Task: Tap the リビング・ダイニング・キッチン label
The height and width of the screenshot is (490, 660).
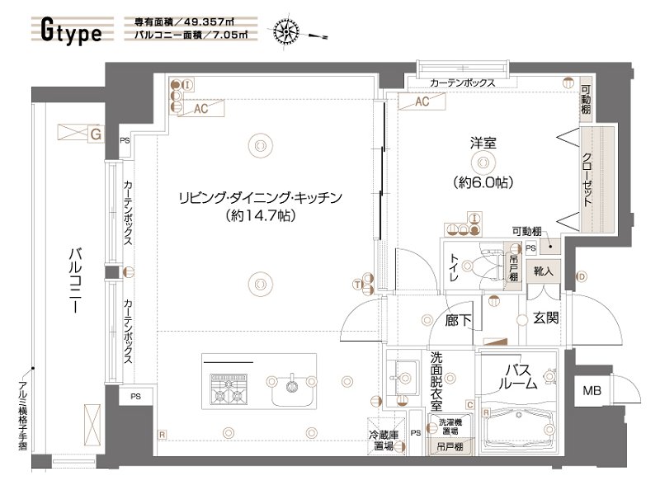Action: click(260, 197)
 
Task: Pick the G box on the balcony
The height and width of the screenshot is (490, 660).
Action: click(95, 132)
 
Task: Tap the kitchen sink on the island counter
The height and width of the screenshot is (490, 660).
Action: click(290, 384)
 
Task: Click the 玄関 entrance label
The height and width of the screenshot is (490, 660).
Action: click(545, 318)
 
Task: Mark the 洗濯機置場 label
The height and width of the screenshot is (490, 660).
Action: click(449, 426)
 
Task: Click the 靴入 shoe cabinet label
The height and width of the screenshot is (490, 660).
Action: click(544, 270)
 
